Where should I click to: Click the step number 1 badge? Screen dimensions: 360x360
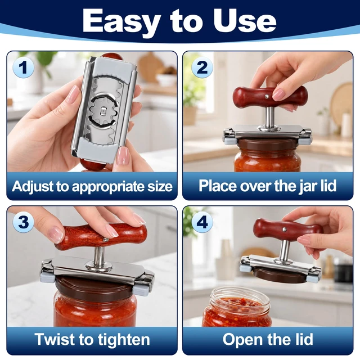(23, 67)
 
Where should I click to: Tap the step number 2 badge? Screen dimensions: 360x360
(202, 67)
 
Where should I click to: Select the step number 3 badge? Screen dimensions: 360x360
(23, 222)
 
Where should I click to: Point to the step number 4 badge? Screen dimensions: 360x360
(202, 222)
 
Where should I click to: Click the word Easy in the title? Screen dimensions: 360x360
(121, 21)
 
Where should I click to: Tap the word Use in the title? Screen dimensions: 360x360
(245, 21)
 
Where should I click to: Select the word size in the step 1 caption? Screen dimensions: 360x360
(160, 186)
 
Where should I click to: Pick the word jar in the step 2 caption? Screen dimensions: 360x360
(308, 186)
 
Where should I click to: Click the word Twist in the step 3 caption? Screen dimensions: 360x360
(55, 339)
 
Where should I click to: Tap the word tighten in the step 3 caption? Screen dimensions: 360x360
(124, 340)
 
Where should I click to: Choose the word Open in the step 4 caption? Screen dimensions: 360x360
(241, 340)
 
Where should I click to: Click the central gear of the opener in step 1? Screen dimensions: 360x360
(103, 111)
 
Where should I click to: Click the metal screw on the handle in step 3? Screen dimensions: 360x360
(106, 240)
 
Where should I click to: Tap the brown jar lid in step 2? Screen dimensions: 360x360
(268, 143)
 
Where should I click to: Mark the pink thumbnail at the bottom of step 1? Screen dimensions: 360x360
(123, 155)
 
